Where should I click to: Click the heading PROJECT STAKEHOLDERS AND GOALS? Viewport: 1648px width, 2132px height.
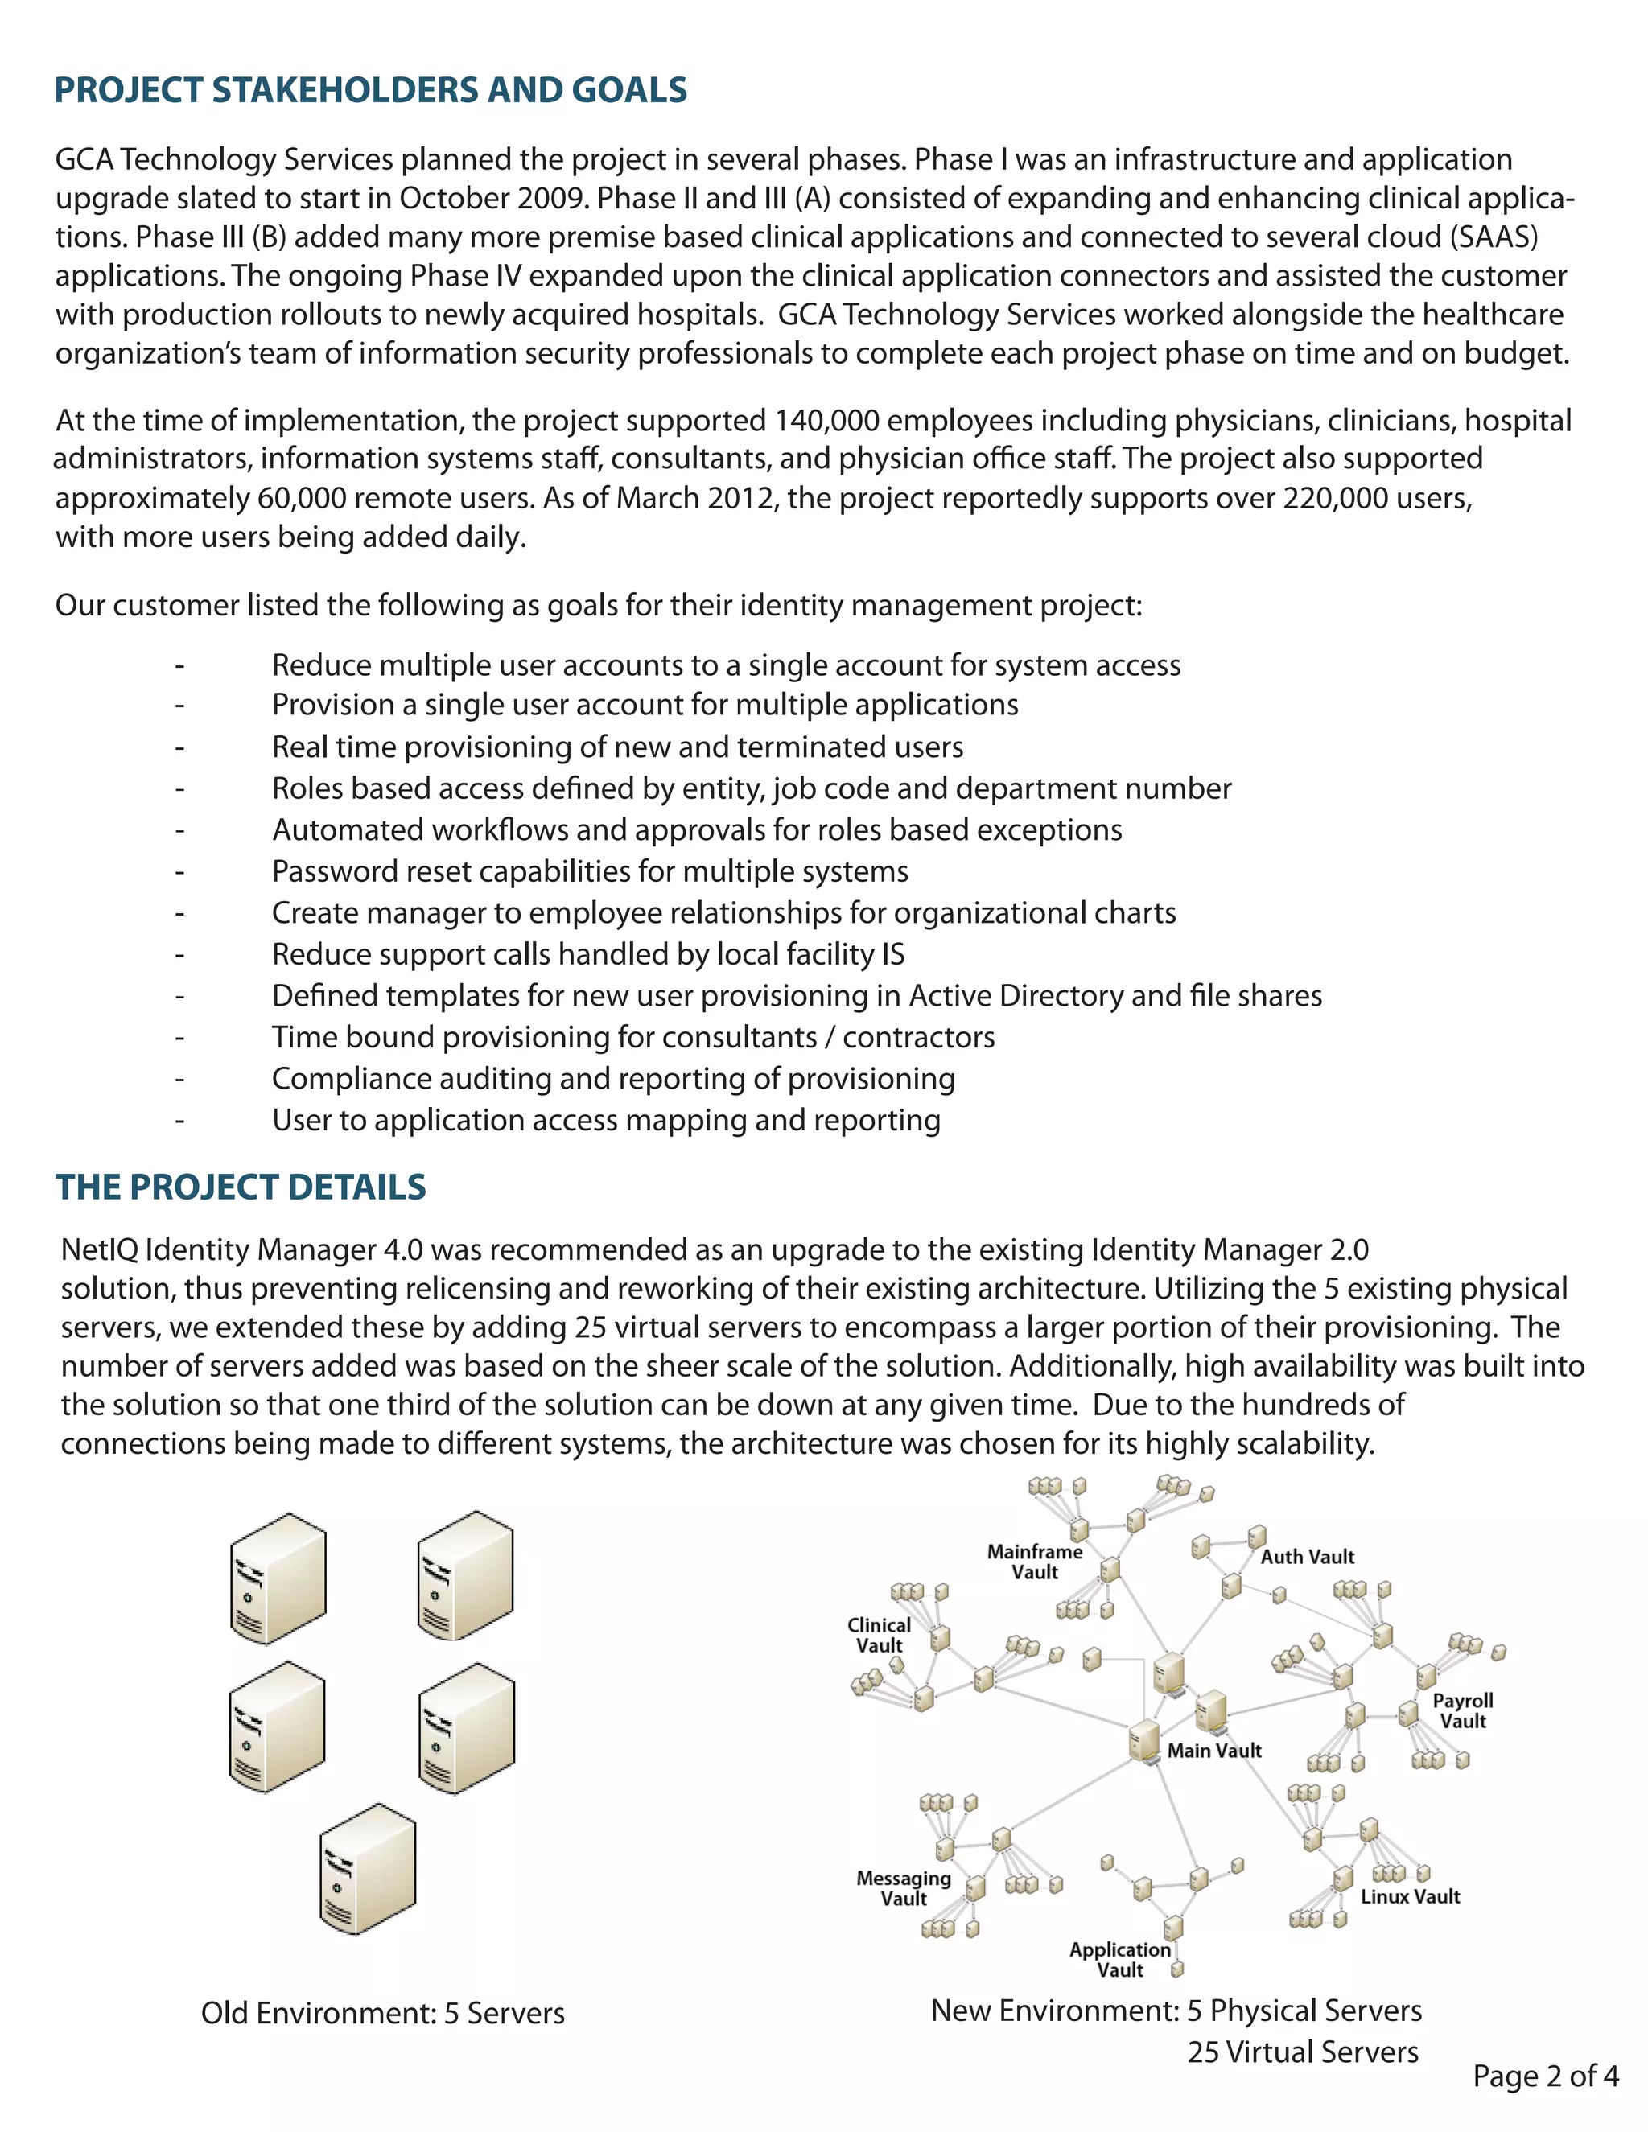[370, 90]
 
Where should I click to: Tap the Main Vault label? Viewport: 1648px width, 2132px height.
[1213, 1751]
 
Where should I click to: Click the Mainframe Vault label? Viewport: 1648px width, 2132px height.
[1034, 1561]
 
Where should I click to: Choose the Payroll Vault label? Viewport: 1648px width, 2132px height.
[1461, 1710]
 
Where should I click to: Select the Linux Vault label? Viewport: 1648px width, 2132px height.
[1410, 1895]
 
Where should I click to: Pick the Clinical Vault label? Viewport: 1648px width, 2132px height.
[879, 1634]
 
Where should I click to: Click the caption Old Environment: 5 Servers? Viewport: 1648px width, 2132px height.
[383, 2012]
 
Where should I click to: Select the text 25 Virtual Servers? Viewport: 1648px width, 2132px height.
[1303, 2051]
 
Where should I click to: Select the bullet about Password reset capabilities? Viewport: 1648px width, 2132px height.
[590, 870]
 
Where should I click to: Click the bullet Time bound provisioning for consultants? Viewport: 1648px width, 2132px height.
[632, 1037]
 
